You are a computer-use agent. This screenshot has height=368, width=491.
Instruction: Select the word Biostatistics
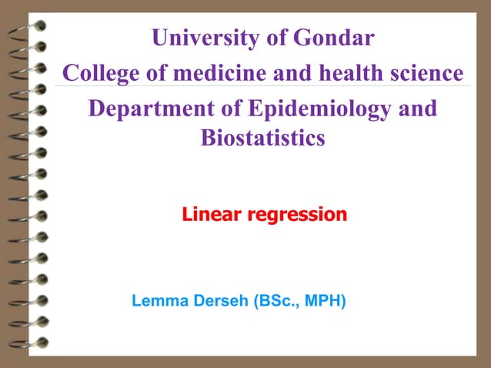coord(262,139)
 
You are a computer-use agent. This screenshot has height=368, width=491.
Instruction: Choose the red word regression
coord(296,215)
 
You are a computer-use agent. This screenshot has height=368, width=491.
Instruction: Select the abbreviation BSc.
coord(276,299)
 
